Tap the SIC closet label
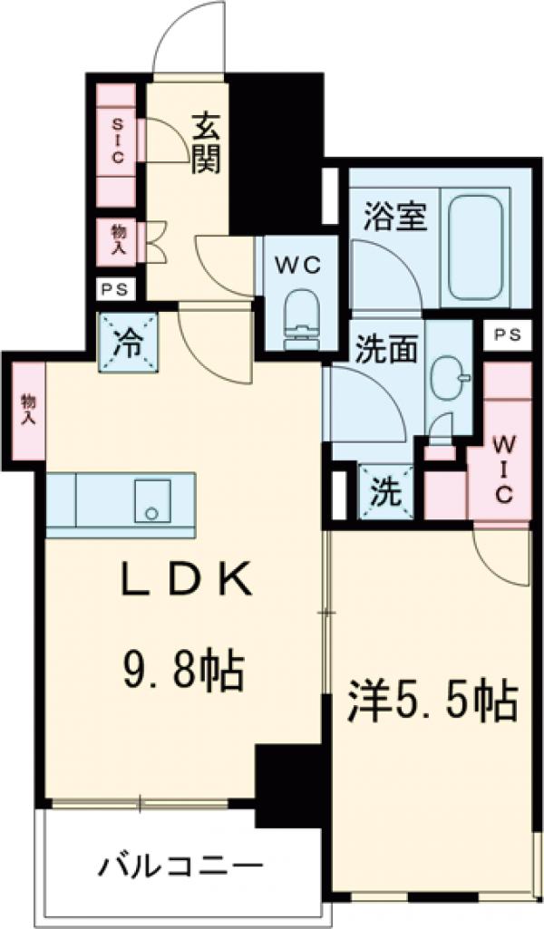tap(117, 140)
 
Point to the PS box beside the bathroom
tap(507, 334)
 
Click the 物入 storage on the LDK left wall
tap(27, 409)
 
